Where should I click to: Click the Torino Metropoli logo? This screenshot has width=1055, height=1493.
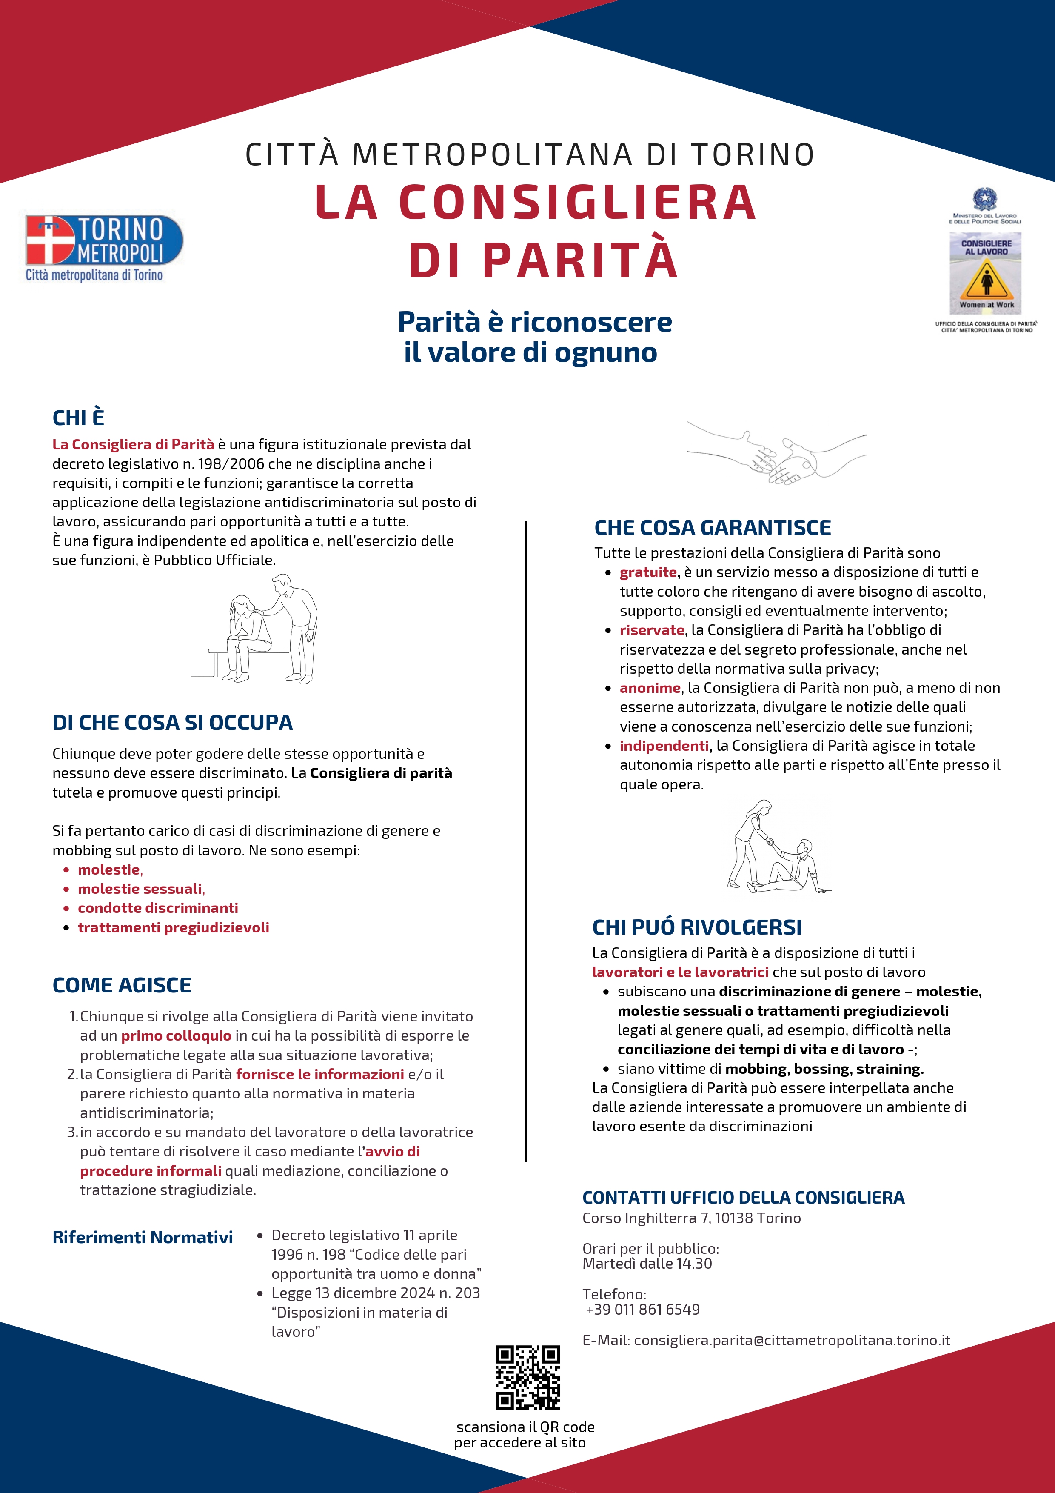point(104,247)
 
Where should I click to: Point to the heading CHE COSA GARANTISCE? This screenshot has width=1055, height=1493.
point(713,527)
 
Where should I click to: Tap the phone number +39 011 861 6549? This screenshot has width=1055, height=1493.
point(643,1309)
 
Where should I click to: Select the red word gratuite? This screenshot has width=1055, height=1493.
point(648,572)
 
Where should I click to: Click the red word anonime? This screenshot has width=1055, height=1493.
point(650,688)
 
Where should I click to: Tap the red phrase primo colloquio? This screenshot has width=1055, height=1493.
point(176,1036)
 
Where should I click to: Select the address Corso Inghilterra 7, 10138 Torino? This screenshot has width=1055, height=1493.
point(692,1218)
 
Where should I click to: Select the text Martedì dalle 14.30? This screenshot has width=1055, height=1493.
point(647,1264)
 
